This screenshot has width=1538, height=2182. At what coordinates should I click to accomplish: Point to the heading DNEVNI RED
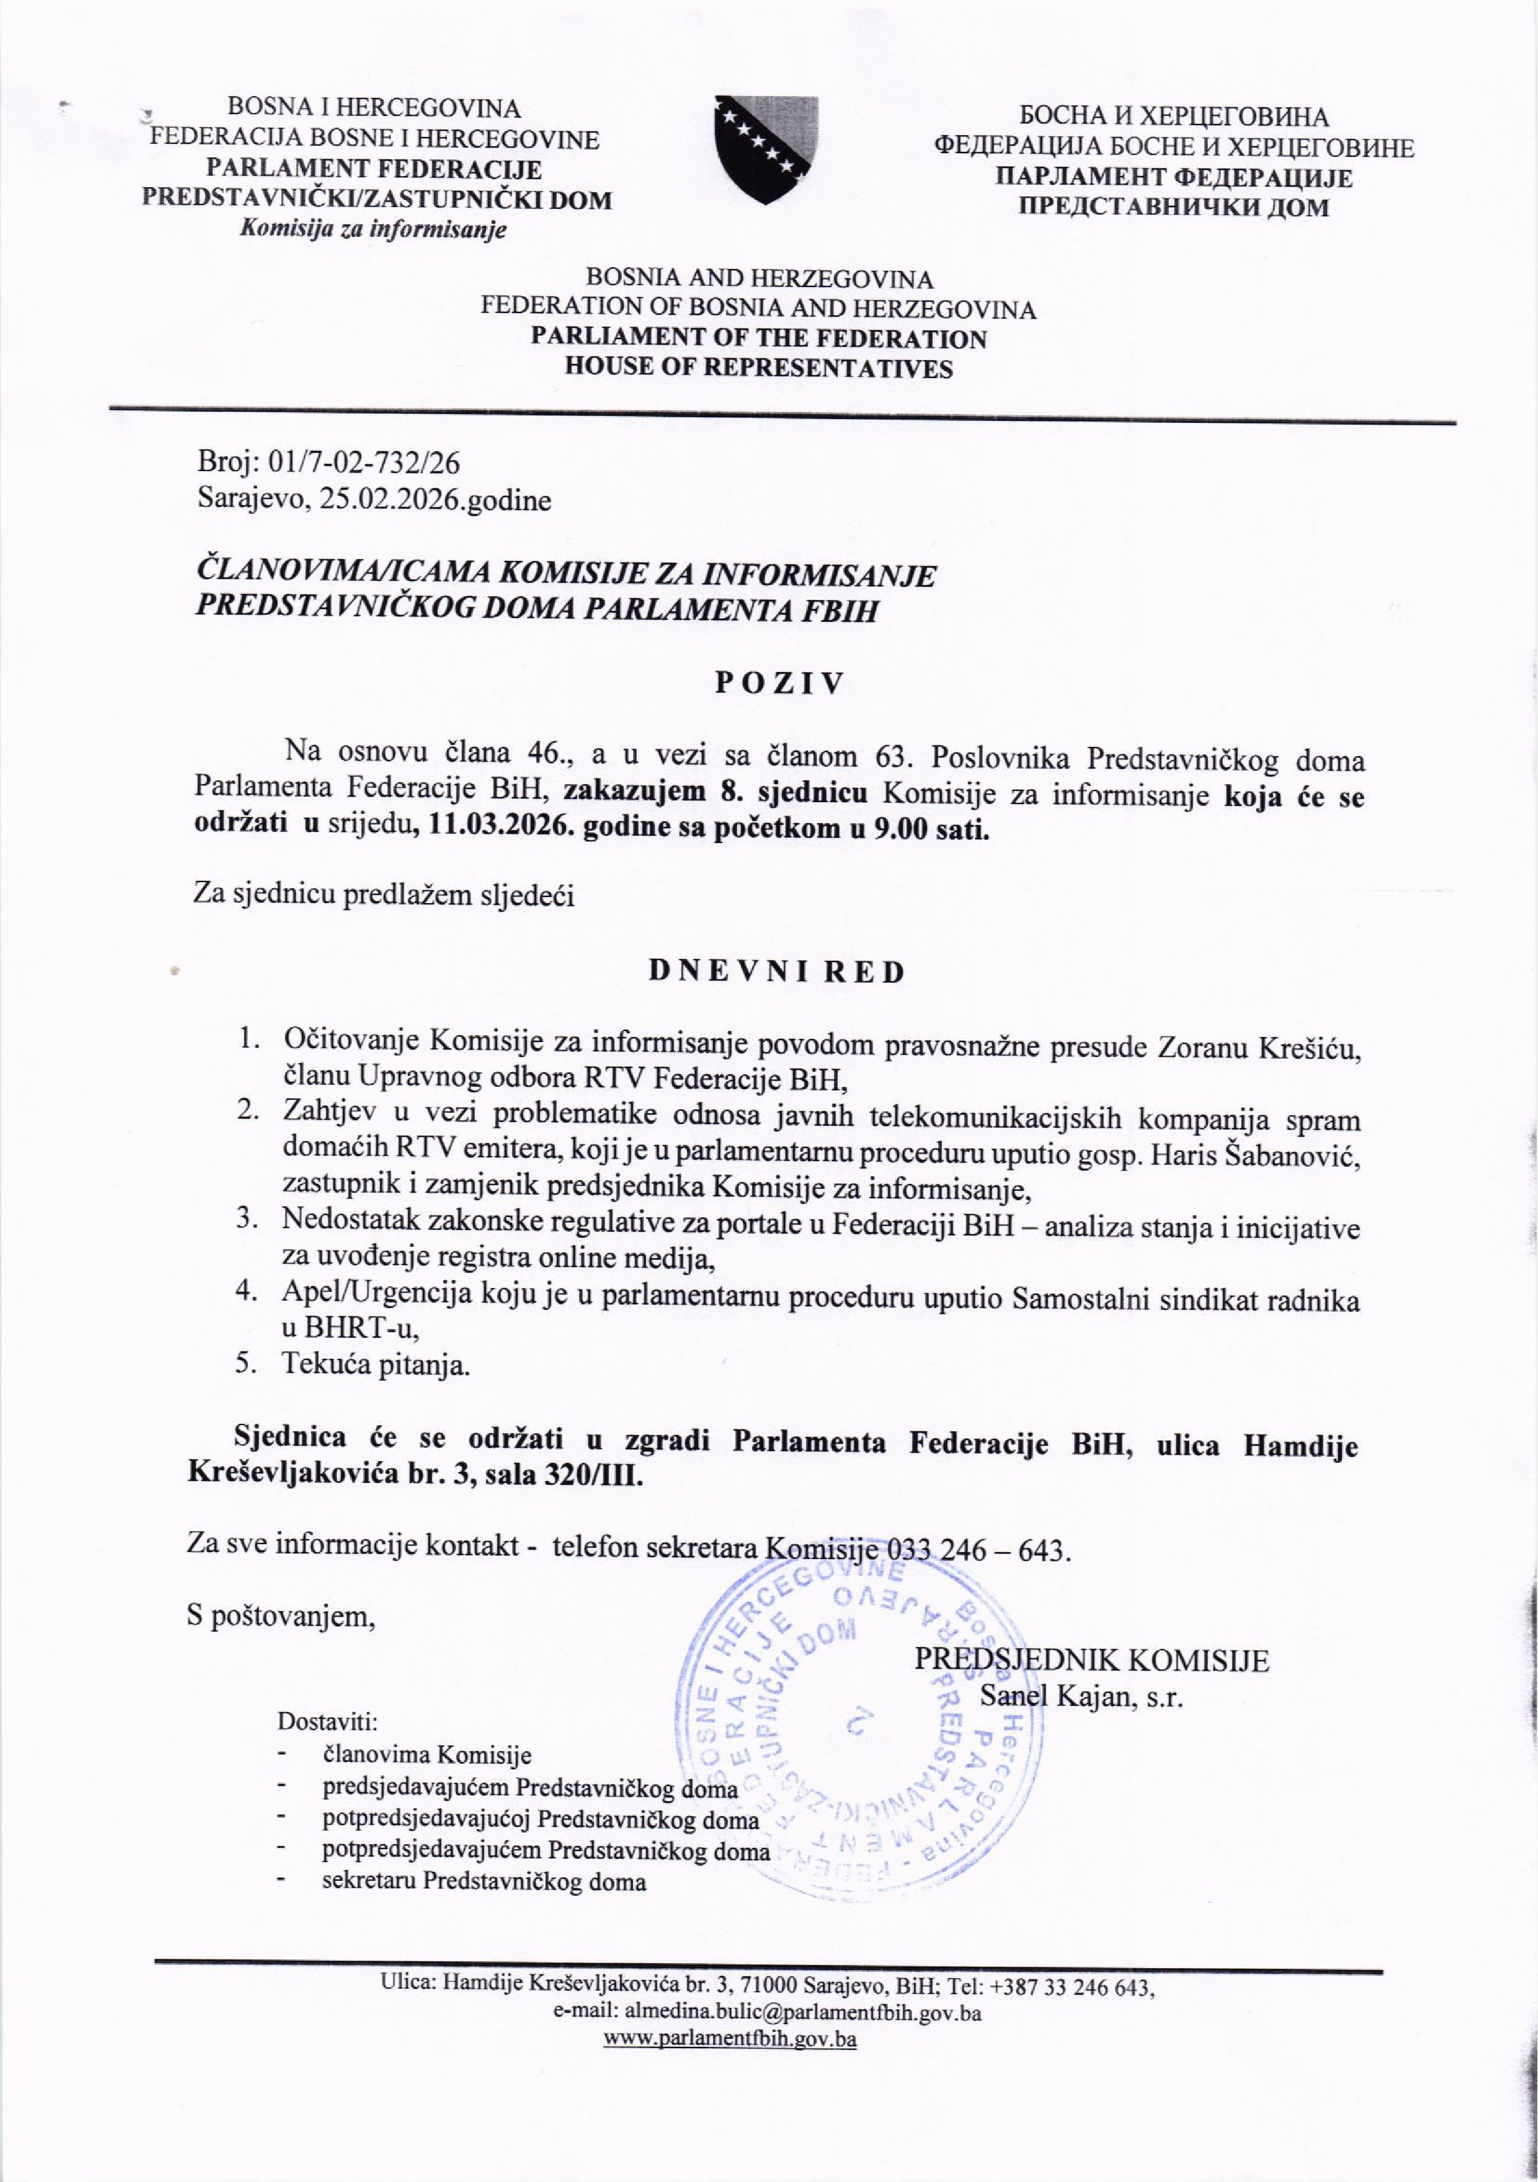776,972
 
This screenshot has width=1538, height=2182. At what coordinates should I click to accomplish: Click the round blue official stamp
860,1722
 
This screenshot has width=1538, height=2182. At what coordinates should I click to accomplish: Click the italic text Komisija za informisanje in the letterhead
373,229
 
